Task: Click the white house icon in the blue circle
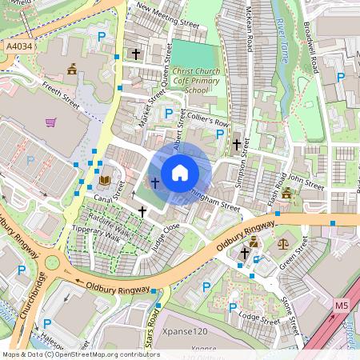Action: pyautogui.click(x=180, y=172)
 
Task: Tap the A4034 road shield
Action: pyautogui.click(x=19, y=48)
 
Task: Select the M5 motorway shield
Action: pyautogui.click(x=342, y=306)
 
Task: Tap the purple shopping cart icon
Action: pyautogui.click(x=51, y=122)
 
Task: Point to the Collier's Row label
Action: pyautogui.click(x=207, y=120)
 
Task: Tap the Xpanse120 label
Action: pyautogui.click(x=184, y=331)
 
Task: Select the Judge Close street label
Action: pyautogui.click(x=166, y=238)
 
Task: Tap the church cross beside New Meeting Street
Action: pyautogui.click(x=136, y=54)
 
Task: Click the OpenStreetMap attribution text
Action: pyautogui.click(x=80, y=354)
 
